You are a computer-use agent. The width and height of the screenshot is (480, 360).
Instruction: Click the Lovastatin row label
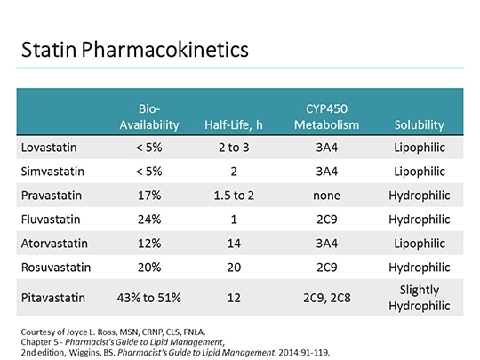(x=45, y=147)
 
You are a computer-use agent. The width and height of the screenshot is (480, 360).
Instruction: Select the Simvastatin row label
(x=49, y=171)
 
